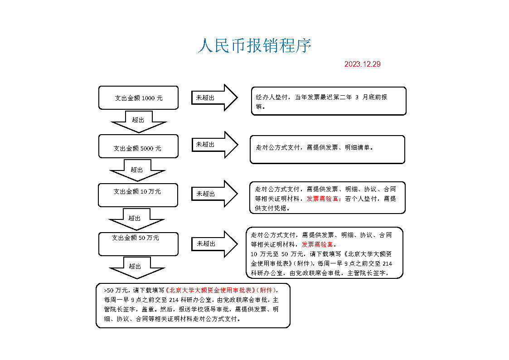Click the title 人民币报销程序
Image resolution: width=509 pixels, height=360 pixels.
tap(254, 46)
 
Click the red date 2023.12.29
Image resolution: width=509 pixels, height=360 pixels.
tap(362, 64)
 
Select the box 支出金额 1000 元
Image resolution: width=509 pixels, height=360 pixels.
tap(138, 97)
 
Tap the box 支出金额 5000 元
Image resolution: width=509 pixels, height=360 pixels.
tap(138, 146)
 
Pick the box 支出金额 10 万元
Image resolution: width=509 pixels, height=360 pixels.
tap(138, 195)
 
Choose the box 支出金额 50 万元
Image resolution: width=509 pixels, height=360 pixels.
tap(138, 243)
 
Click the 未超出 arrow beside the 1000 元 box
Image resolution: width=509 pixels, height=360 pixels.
tap(214, 97)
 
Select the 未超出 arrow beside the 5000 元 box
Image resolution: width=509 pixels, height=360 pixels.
tap(214, 145)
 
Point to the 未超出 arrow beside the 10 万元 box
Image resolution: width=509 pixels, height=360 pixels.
tap(214, 194)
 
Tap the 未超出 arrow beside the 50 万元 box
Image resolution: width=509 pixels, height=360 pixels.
tap(214, 243)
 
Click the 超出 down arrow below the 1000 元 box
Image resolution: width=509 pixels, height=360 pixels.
tap(139, 121)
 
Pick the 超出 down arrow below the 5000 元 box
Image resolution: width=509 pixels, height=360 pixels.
tap(137, 170)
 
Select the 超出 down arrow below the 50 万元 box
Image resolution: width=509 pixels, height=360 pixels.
tap(136, 267)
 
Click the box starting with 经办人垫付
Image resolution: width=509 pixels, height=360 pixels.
tap(329, 101)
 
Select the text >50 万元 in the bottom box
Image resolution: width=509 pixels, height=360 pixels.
tap(114, 290)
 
